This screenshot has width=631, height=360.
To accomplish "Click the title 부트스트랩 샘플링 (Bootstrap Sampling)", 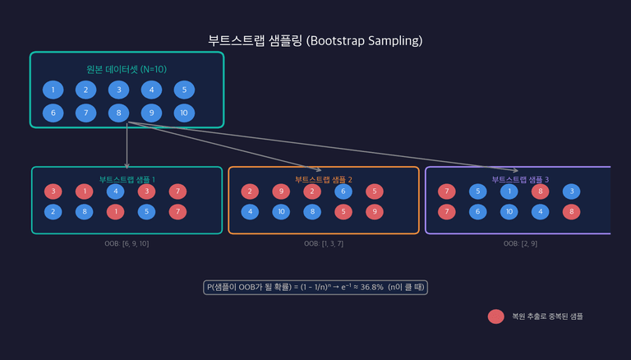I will click(x=315, y=40).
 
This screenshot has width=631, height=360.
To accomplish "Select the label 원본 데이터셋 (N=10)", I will click(x=127, y=69).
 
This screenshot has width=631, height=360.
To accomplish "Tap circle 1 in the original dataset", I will click(x=53, y=90).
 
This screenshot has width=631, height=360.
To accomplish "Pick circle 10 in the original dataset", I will click(x=184, y=113).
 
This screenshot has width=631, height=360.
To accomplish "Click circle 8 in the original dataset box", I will click(x=119, y=113).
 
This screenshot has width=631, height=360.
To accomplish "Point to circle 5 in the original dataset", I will click(x=184, y=90).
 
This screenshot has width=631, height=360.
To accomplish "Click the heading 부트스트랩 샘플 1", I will click(x=127, y=179).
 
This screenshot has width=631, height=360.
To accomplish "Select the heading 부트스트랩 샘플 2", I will click(x=323, y=179).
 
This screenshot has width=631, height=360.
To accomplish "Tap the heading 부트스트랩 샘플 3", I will click(x=520, y=179).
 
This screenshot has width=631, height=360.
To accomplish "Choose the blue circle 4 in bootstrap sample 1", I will click(x=117, y=192).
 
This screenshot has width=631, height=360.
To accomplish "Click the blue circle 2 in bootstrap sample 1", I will click(x=54, y=212).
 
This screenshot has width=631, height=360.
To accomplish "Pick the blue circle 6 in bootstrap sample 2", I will click(x=343, y=192).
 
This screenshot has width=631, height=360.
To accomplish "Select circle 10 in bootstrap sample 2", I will click(x=281, y=212).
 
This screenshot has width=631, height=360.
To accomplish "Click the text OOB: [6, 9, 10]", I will click(x=127, y=244).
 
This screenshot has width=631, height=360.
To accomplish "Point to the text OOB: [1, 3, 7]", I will click(x=323, y=244).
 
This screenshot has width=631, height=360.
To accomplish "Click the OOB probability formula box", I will click(x=315, y=287).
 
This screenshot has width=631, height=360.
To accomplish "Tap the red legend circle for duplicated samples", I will click(x=495, y=316).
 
